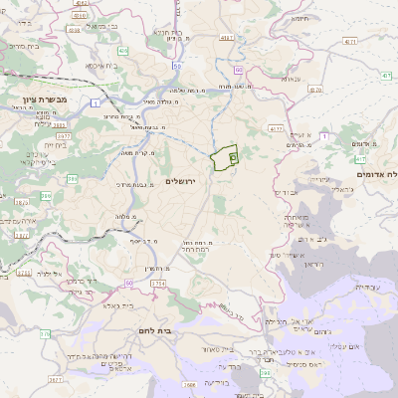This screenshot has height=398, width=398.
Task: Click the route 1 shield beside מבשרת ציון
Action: (x=93, y=103)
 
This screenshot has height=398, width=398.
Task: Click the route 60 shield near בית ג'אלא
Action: (x=130, y=283)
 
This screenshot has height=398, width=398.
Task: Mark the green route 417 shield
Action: (x=359, y=159)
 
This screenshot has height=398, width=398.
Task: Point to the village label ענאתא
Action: (x=291, y=78)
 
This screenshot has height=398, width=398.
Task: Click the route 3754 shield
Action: (x=159, y=284)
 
